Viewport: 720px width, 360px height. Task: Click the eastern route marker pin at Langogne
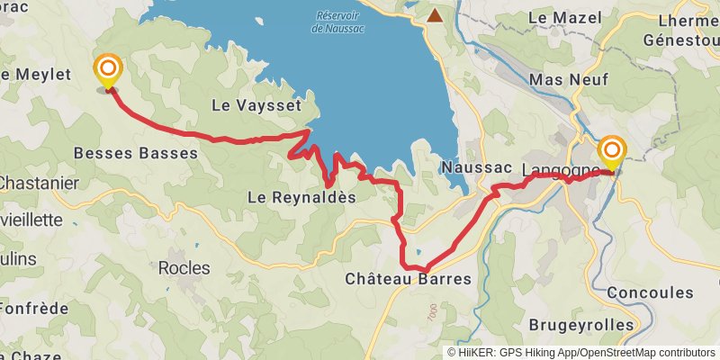click(612, 152)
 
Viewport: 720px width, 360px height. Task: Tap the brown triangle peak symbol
click(436, 15)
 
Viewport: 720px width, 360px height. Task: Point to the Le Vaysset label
click(255, 105)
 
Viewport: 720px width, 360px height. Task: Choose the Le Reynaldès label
click(301, 197)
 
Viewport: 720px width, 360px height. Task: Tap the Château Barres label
click(408, 279)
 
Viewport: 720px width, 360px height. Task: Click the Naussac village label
click(477, 168)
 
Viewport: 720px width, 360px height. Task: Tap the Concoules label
click(651, 292)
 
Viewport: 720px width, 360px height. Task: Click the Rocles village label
click(184, 268)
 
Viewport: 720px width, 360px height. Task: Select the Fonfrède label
click(34, 307)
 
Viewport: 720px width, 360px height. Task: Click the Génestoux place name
click(680, 40)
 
